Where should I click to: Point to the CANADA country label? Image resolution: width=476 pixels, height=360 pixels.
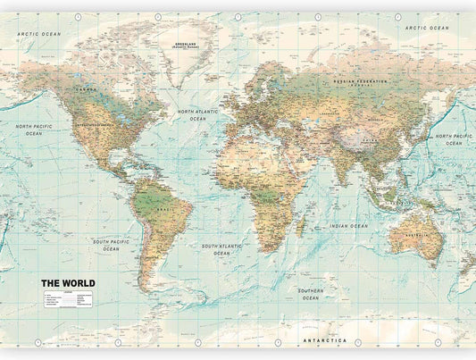(x=86, y=90)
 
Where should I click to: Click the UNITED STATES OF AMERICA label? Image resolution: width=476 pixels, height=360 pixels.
(x=96, y=125)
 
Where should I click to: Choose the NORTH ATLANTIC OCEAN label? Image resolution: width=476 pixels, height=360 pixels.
(x=197, y=115)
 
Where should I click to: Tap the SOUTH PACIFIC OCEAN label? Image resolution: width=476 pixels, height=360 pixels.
(x=111, y=245)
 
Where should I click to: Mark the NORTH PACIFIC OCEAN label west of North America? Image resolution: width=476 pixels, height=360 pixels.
(x=34, y=130)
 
